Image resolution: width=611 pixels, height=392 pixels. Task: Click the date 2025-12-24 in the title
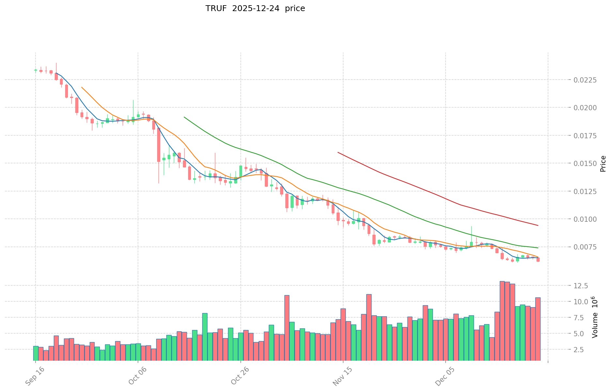[x=256, y=8]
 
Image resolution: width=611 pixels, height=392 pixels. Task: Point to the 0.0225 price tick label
[x=585, y=80]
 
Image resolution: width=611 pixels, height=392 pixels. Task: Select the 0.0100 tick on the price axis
[x=585, y=219]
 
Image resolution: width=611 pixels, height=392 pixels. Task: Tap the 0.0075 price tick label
[x=585, y=247]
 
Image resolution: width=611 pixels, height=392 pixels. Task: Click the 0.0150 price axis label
[x=585, y=163]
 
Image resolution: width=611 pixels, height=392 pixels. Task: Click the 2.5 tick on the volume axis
[x=583, y=350]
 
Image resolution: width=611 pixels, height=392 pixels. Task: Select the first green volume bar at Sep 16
[x=36, y=353]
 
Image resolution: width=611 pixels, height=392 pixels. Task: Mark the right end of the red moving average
[x=538, y=225]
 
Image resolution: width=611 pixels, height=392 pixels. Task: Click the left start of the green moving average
[x=184, y=117]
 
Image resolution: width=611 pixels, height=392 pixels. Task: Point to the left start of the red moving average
[x=338, y=152]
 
